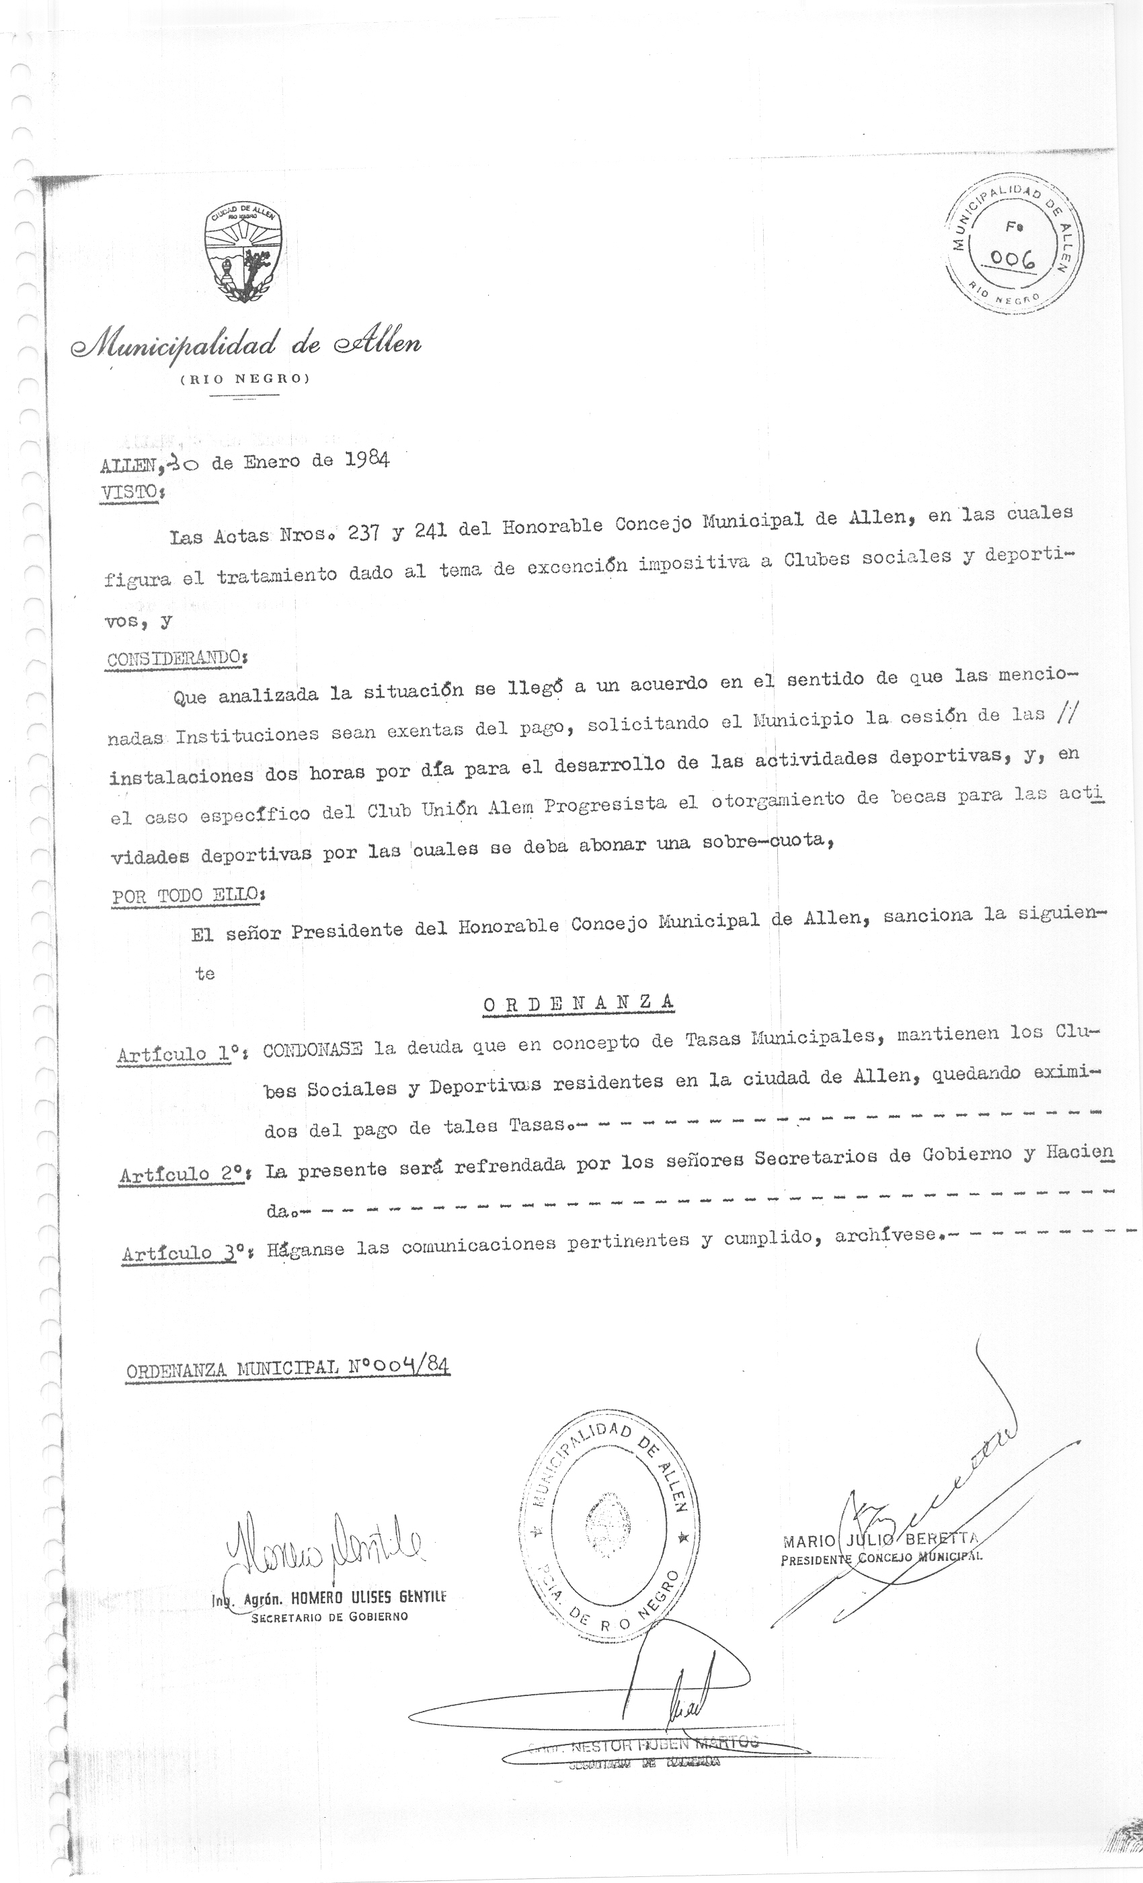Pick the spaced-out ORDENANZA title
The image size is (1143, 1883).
578,1003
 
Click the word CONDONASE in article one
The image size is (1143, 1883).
313,1049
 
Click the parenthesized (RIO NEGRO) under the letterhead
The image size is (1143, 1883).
245,380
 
